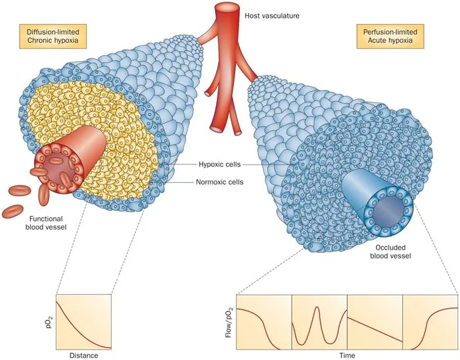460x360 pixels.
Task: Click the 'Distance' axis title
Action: tap(83, 355)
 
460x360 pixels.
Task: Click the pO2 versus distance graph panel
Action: tap(84, 321)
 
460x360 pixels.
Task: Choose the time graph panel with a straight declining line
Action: tap(374, 321)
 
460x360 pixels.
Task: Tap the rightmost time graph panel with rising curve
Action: tap(430, 321)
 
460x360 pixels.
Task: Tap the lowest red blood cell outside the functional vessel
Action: tap(12, 212)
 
